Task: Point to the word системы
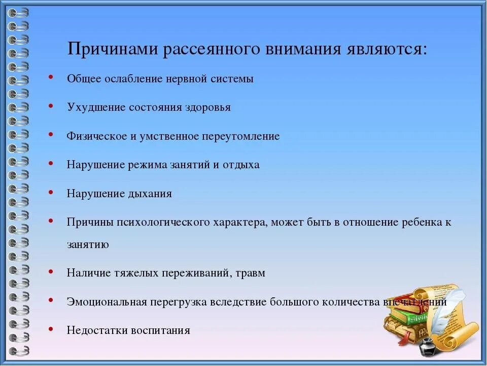233,79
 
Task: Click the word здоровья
208,108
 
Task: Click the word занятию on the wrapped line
87,245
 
